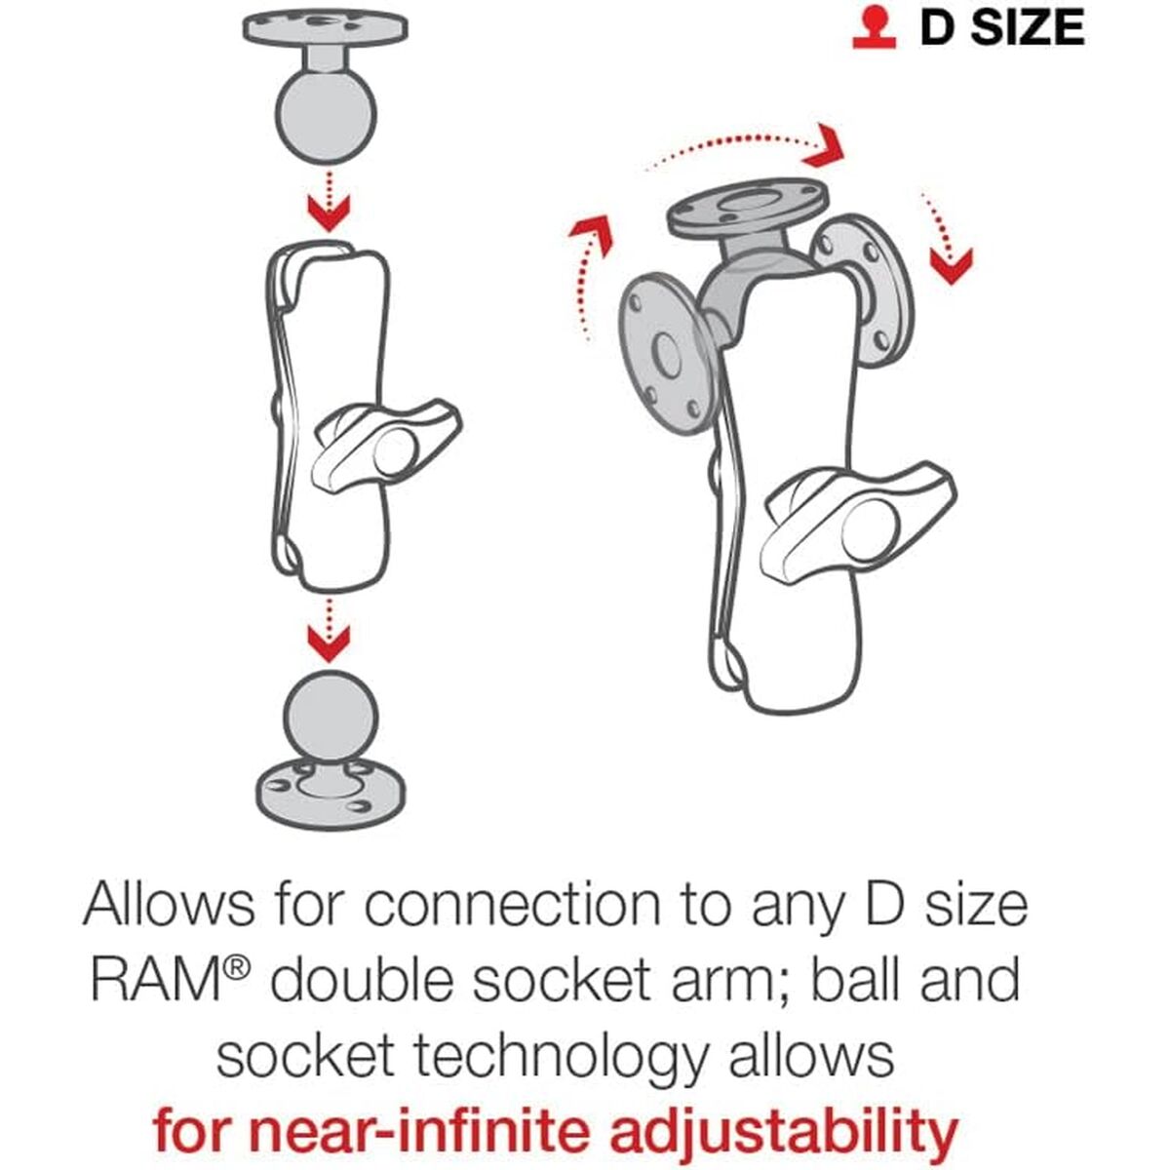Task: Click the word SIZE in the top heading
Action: click(1029, 28)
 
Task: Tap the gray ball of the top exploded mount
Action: click(326, 115)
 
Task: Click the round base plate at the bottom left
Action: click(331, 803)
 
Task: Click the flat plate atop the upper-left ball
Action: click(326, 28)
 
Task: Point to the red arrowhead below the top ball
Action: click(329, 213)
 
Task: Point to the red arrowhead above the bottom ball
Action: click(329, 643)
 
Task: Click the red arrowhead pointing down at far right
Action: click(951, 266)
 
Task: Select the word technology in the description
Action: click(561, 1057)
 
